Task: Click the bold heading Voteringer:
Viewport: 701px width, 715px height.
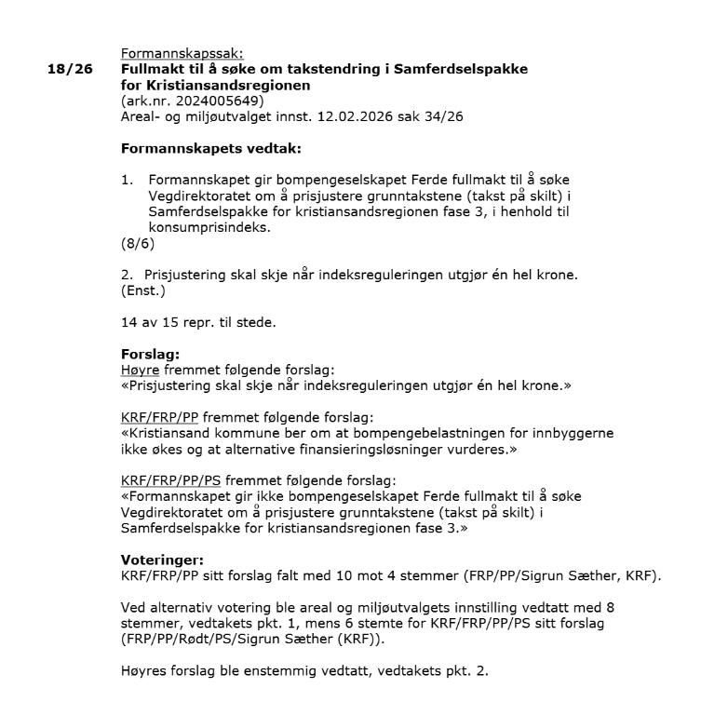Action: click(159, 560)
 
